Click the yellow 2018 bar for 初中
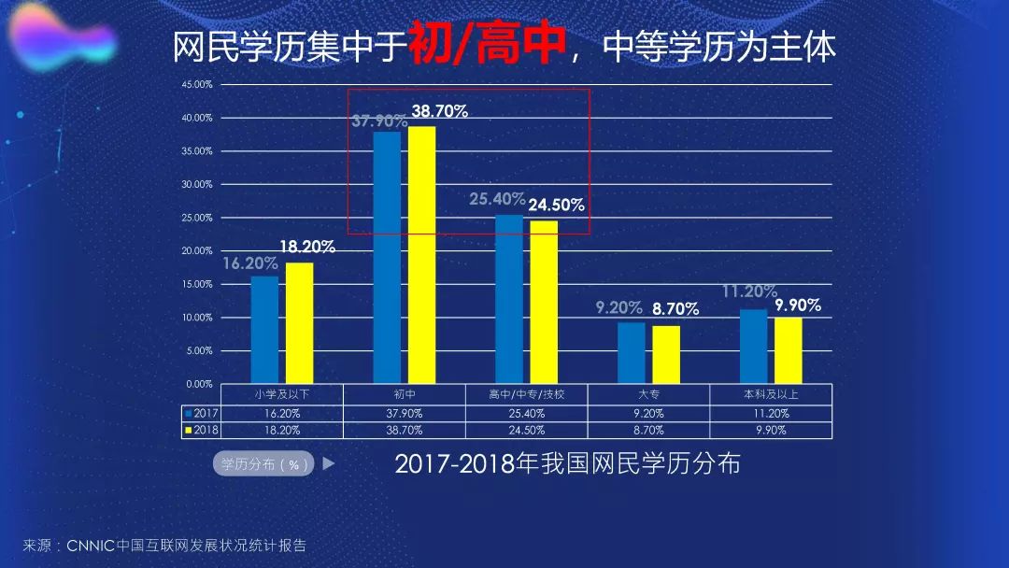421,254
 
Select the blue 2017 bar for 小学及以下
264,329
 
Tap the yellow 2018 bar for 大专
666,354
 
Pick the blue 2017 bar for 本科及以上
753,346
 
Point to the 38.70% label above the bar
439,111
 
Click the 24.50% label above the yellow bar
556,205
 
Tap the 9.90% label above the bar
798,305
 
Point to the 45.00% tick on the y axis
197,84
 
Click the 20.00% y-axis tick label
197,250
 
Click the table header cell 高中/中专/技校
527,394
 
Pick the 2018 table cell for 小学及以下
282,430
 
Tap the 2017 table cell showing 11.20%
771,412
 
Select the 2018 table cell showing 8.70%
648,430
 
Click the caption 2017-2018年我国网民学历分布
567,463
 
